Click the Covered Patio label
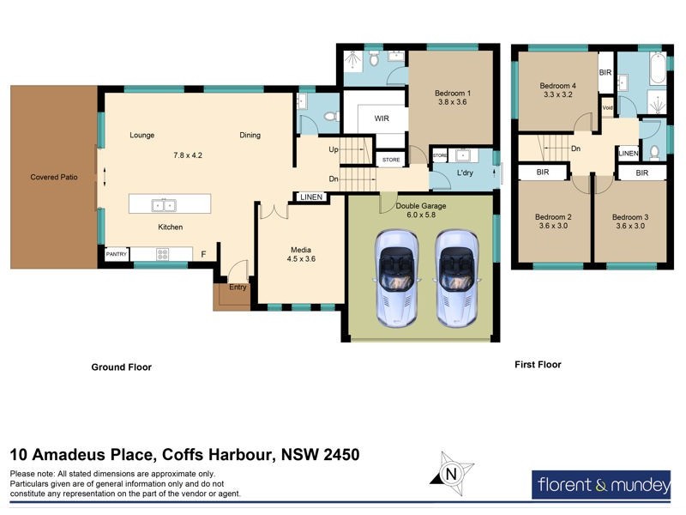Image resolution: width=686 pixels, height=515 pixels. coord(54,177)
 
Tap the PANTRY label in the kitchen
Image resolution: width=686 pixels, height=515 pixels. coord(116,255)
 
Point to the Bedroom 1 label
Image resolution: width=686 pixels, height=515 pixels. coord(451,93)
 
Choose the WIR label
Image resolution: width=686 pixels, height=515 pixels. coord(382,119)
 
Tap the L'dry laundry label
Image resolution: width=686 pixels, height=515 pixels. coord(466,173)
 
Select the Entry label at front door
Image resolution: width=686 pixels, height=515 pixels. coord(238,287)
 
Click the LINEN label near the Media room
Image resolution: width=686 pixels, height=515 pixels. coord(310,197)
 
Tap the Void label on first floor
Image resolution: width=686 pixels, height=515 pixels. coord(607,107)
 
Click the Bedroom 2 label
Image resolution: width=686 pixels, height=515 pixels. coord(553,217)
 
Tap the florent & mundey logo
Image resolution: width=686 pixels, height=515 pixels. coord(603,485)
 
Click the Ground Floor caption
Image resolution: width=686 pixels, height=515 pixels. coord(122,367)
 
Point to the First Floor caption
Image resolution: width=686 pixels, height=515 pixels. coord(538,365)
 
